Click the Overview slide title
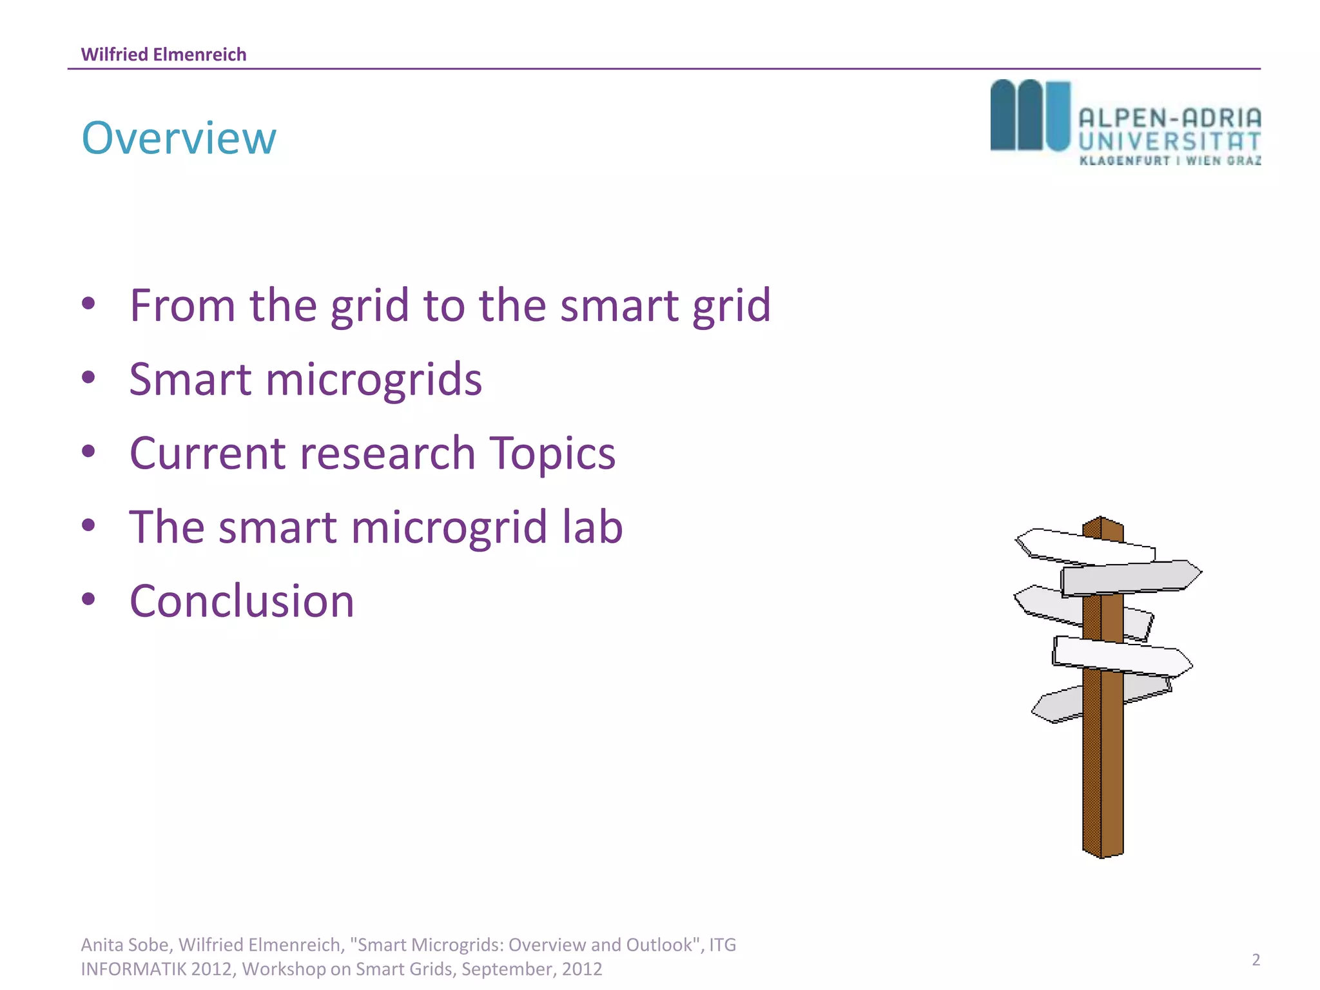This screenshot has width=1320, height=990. tap(179, 138)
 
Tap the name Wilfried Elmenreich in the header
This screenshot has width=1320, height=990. tap(164, 54)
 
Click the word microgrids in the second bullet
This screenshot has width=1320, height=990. tap(373, 379)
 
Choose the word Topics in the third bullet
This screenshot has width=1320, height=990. tap(552, 453)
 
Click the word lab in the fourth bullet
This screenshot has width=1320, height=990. tap(592, 527)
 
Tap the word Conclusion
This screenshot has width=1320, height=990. tap(242, 601)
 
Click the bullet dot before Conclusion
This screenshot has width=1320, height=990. tap(89, 599)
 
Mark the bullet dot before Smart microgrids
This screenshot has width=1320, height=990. tap(89, 377)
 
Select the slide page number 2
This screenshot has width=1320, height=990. tap(1256, 960)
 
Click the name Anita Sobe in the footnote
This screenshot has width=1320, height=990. tap(126, 945)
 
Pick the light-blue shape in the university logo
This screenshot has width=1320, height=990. tap(1058, 116)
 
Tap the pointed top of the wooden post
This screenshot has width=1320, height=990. tap(1102, 519)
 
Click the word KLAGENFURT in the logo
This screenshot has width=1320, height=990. tap(1125, 160)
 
